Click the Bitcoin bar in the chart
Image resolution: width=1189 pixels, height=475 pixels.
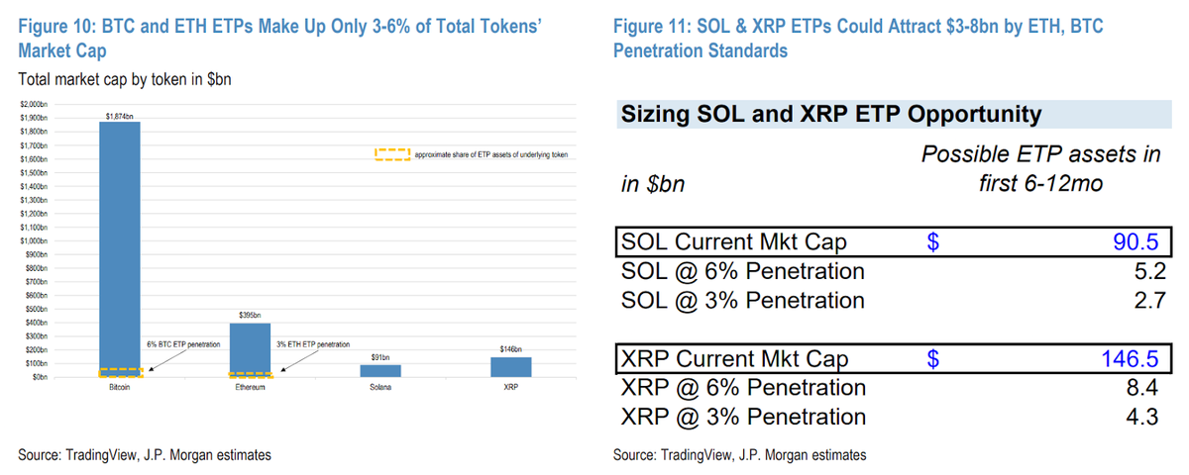pos(119,247)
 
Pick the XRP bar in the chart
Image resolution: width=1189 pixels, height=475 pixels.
pos(511,367)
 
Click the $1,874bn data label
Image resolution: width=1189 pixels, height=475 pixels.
pos(119,116)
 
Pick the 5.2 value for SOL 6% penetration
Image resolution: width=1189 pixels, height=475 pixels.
pos(1144,271)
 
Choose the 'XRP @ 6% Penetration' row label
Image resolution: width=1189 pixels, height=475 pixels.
pos(742,388)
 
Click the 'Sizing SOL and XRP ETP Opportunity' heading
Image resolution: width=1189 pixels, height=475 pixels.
pos(830,115)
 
